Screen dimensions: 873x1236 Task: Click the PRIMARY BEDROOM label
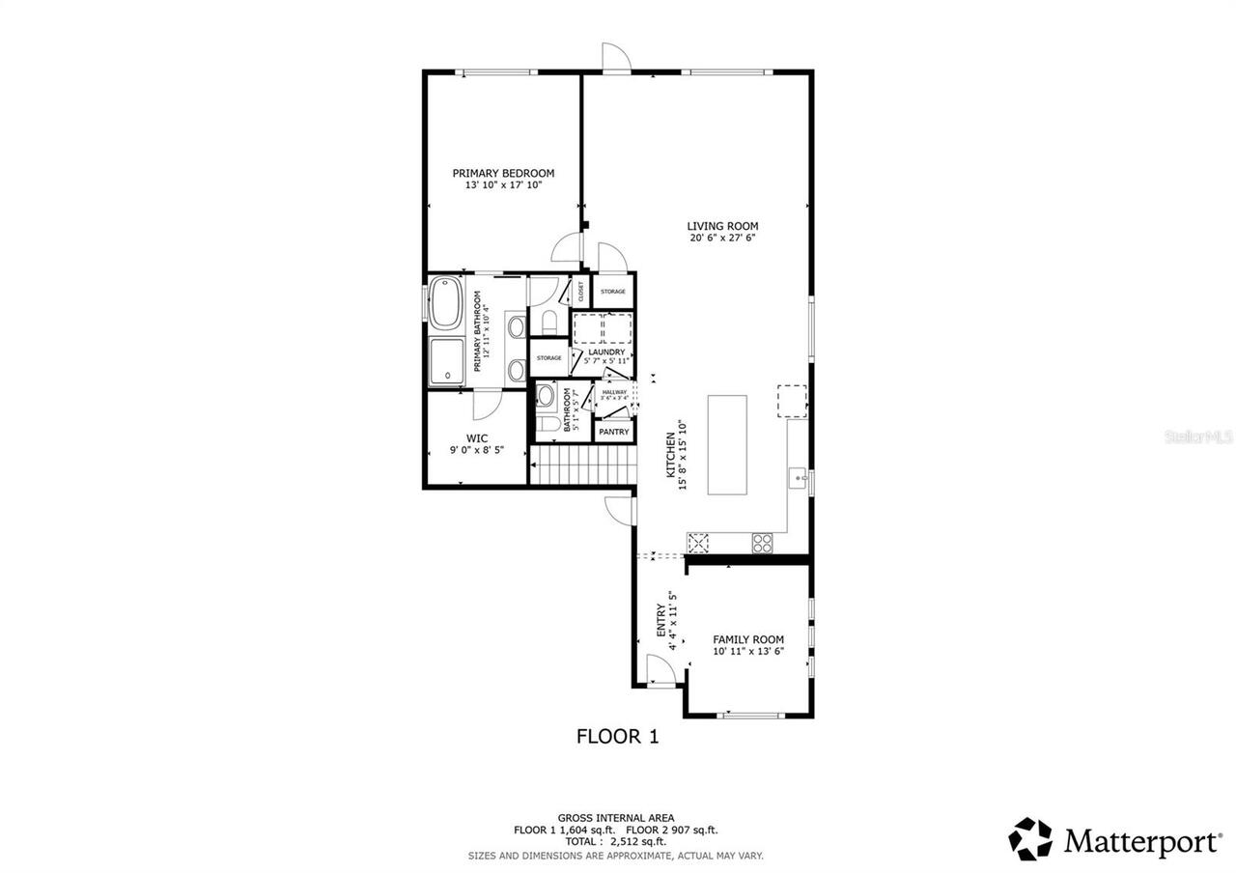503,174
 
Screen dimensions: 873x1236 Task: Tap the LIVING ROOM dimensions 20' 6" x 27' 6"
722,238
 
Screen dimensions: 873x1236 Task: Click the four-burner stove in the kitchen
763,543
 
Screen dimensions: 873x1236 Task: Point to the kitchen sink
798,476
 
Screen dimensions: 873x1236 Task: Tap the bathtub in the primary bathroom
445,303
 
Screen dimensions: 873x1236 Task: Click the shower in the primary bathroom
445,362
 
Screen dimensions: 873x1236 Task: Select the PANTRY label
613,432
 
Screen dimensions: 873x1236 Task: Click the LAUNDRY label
606,352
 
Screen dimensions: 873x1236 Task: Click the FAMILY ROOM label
748,639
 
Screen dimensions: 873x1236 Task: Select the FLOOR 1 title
617,737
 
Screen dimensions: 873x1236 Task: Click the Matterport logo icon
1030,839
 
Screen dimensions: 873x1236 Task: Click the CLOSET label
581,291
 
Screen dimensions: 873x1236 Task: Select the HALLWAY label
614,392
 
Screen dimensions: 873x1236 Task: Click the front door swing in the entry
660,670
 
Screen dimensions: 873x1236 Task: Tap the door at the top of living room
615,58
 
